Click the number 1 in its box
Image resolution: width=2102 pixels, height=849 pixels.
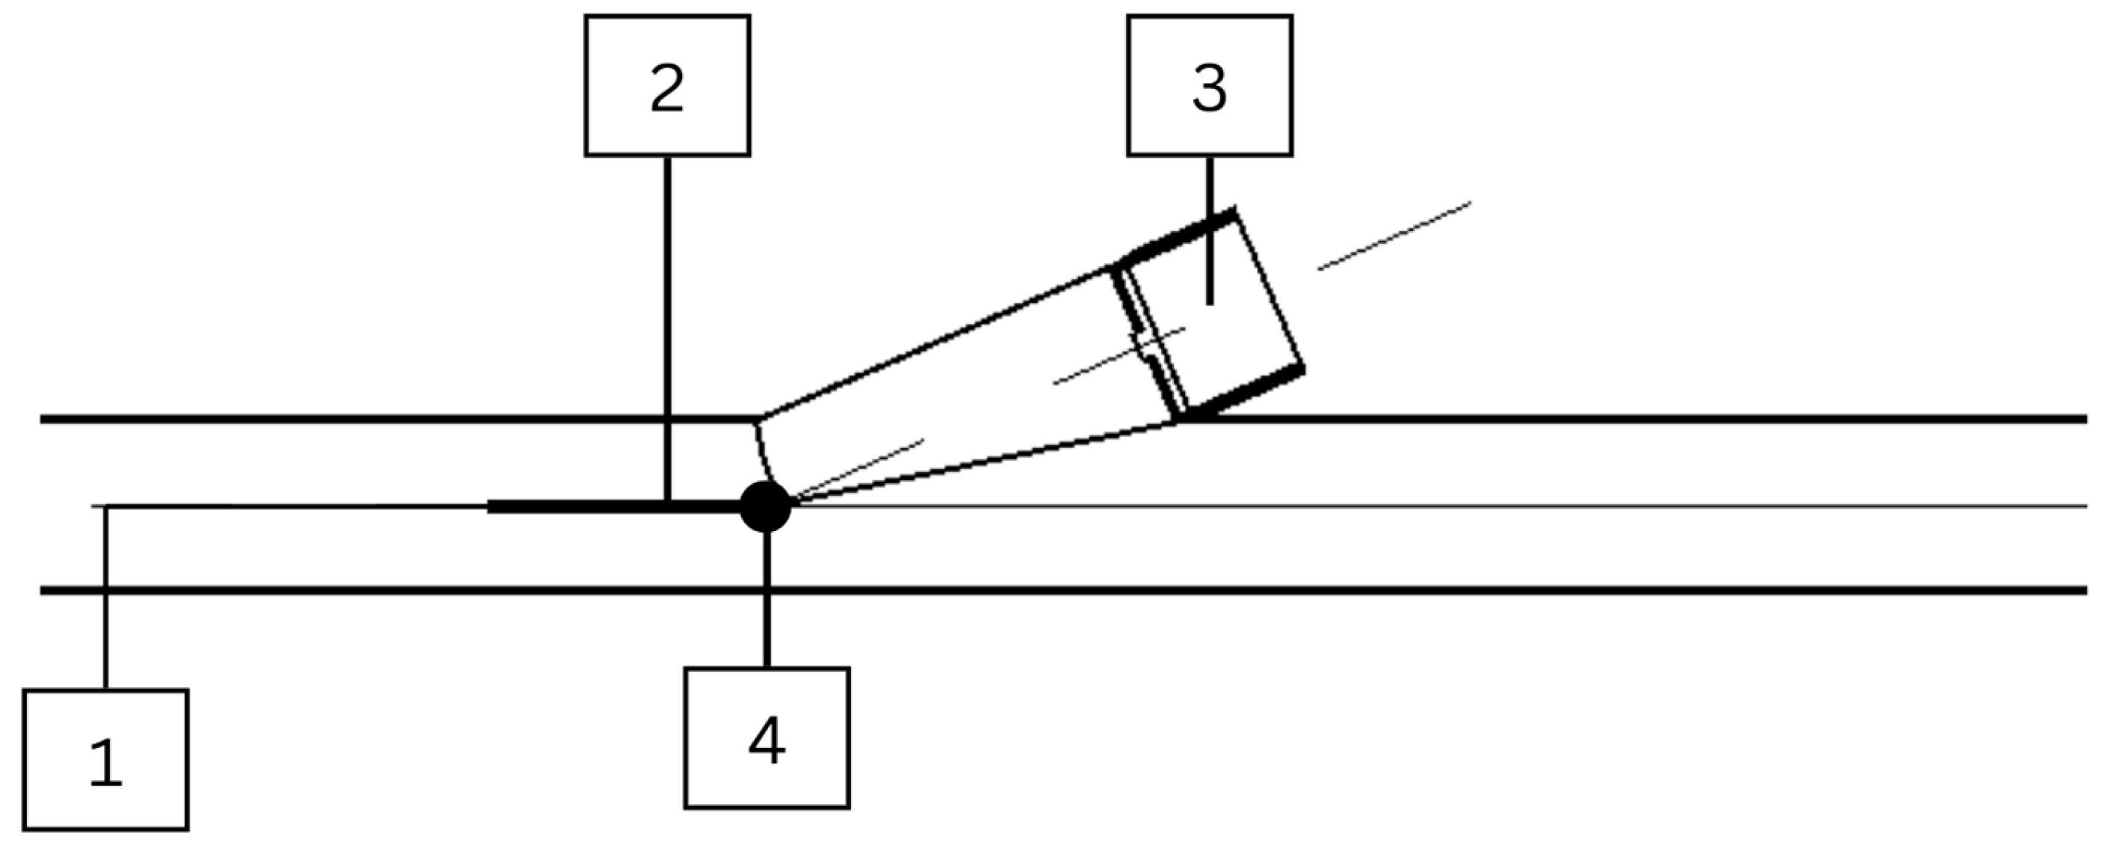(x=106, y=762)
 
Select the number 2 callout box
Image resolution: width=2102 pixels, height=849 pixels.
(x=667, y=85)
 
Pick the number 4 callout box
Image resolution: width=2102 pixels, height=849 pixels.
(x=767, y=738)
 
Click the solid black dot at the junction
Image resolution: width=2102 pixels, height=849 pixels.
(x=764, y=506)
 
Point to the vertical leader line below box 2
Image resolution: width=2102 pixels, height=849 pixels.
(x=668, y=328)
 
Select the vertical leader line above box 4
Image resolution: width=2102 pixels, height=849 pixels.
(x=767, y=599)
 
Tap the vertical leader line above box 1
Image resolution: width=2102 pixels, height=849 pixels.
(x=106, y=598)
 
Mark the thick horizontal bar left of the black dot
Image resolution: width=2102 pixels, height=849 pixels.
(x=615, y=506)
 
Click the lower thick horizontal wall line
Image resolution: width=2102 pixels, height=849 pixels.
(x=1063, y=589)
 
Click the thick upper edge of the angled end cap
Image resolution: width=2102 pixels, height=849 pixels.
(x=1177, y=236)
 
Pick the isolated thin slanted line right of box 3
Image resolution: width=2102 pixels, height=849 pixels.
(x=1395, y=236)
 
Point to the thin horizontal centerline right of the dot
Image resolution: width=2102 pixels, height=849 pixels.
(x=1440, y=506)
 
